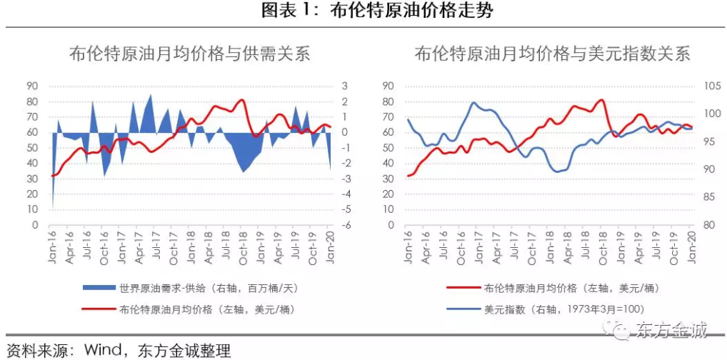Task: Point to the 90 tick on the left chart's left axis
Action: click(x=31, y=86)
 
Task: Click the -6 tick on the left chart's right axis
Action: click(x=344, y=225)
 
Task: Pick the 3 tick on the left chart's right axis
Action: click(x=344, y=86)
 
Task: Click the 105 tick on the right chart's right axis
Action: click(x=707, y=86)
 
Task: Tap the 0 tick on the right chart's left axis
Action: click(x=390, y=225)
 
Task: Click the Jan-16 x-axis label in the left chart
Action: click(x=51, y=247)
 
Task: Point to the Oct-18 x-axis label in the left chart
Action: click(x=243, y=247)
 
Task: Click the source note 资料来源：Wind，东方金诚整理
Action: click(x=118, y=351)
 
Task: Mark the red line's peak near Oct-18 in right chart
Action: click(x=601, y=100)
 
